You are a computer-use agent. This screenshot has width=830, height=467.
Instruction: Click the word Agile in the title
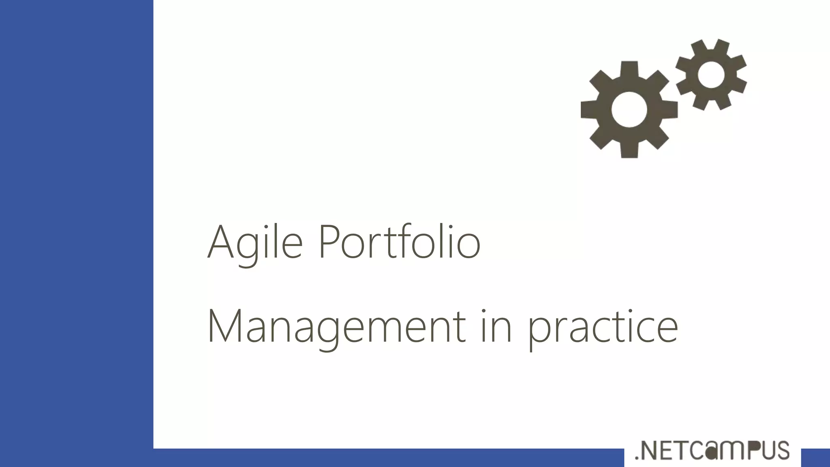tap(255, 242)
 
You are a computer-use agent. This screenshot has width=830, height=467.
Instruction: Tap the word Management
tap(336, 327)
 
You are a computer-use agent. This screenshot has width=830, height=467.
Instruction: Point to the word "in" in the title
tap(496, 326)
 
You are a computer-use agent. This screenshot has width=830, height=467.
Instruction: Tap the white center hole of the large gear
tap(629, 109)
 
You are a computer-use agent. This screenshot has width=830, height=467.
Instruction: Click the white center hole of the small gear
tap(711, 75)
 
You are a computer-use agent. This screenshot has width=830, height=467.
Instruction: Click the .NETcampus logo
tap(712, 450)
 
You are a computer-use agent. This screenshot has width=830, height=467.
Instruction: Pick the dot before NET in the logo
tap(637, 458)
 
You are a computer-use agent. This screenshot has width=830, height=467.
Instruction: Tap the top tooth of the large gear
tap(629, 69)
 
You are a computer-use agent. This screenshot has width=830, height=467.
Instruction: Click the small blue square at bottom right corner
tap(815, 458)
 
